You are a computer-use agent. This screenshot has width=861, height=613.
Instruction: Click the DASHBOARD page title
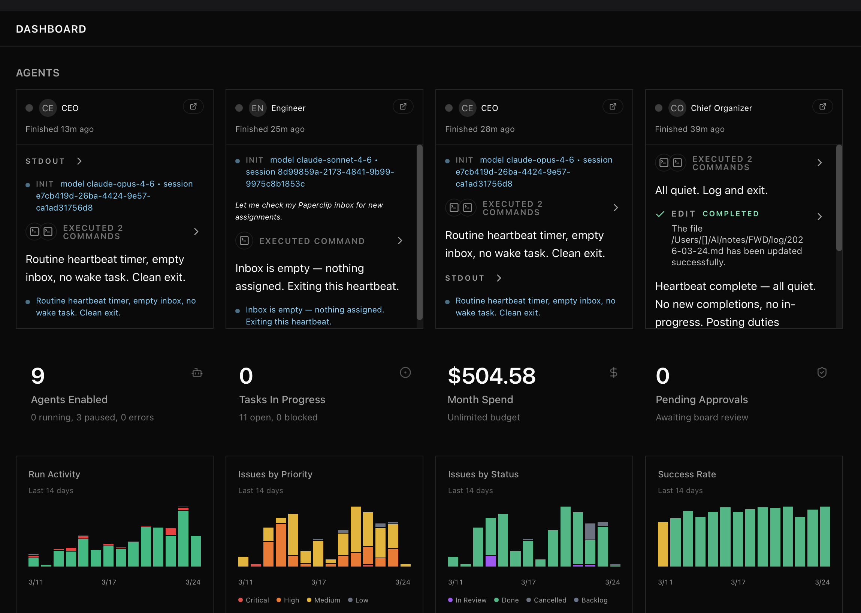[x=51, y=29]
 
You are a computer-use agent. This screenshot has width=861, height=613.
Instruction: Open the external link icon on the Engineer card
[x=403, y=107]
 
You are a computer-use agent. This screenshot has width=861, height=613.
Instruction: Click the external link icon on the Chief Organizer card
[x=822, y=107]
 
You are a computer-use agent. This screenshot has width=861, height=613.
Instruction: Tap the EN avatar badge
[x=257, y=108]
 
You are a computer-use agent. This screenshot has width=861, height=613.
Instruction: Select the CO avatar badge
[x=677, y=108]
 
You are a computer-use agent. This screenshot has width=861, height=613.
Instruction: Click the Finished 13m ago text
[x=60, y=129]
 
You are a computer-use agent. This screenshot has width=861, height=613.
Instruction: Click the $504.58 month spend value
[x=491, y=376]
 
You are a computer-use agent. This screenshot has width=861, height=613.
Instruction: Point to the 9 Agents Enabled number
[x=38, y=376]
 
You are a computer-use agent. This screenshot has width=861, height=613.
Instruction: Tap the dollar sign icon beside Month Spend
[x=613, y=373]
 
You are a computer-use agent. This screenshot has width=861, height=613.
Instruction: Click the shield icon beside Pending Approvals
[x=822, y=373]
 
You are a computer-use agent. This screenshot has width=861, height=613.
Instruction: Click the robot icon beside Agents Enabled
[x=197, y=373]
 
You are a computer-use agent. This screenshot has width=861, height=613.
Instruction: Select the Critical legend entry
[x=254, y=600]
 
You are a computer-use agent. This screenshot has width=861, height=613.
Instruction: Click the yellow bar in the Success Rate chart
[x=662, y=544]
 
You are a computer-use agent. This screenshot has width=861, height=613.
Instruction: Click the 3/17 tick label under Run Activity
[x=109, y=582]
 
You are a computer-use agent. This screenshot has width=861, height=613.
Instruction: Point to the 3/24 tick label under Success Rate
[x=822, y=582]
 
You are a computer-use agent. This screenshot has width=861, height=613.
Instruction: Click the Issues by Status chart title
[x=483, y=474]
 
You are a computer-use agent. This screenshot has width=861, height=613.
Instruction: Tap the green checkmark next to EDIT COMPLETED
[x=660, y=214]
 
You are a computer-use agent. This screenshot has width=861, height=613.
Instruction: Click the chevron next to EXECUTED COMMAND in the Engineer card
[x=400, y=241]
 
